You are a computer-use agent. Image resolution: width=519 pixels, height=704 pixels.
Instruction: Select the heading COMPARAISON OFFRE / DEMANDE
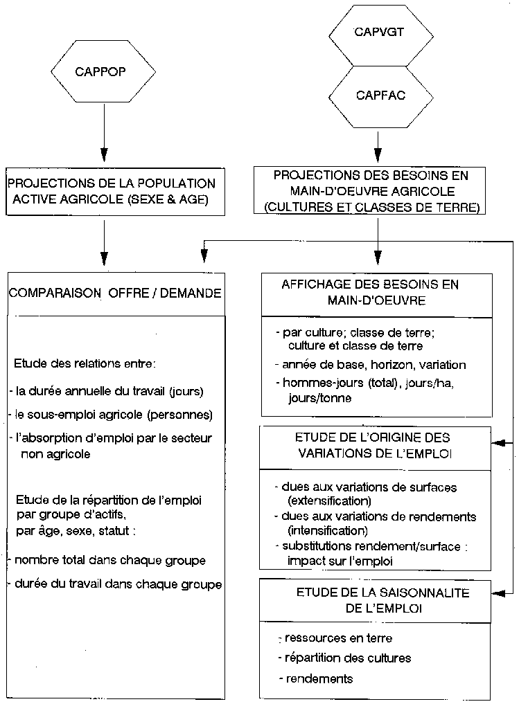115,294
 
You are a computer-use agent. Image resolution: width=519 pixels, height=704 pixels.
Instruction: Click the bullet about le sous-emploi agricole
114,415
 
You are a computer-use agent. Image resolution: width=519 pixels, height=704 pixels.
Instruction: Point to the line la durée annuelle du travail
109,391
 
